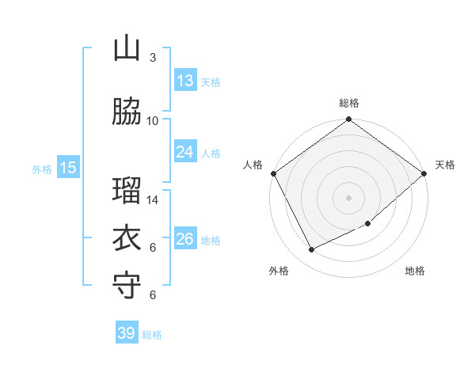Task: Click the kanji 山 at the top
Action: [x=127, y=50]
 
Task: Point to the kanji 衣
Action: [x=127, y=238]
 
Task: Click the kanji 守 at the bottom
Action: [x=127, y=285]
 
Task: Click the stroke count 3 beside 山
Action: [x=153, y=58]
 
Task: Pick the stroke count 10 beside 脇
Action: [x=153, y=121]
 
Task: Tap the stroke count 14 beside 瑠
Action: [x=153, y=200]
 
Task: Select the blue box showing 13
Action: [x=184, y=81]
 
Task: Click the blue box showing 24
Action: [x=184, y=152]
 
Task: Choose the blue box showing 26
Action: [x=184, y=239]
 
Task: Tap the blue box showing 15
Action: [x=67, y=168]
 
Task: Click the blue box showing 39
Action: [x=127, y=333]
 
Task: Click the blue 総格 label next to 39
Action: [x=153, y=335]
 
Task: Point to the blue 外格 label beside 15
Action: [x=42, y=169]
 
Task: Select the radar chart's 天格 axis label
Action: [x=445, y=165]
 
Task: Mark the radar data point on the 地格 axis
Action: [x=368, y=224]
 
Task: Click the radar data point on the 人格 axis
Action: [x=273, y=173]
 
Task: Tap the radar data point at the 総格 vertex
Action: [x=348, y=120]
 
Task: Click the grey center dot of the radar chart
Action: [x=348, y=197]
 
